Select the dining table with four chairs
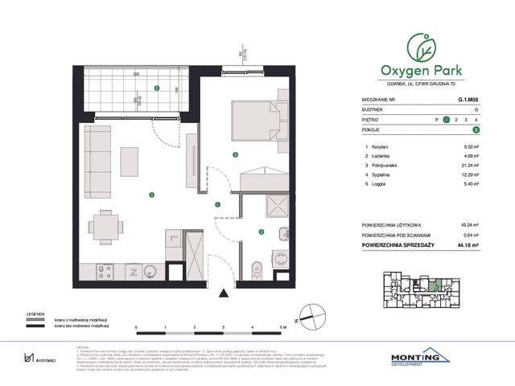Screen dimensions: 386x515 (x=104, y=224)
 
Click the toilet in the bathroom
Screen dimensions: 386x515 (x=257, y=265)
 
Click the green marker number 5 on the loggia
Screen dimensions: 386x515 (x=157, y=88)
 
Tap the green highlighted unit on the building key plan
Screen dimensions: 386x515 (x=435, y=284)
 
